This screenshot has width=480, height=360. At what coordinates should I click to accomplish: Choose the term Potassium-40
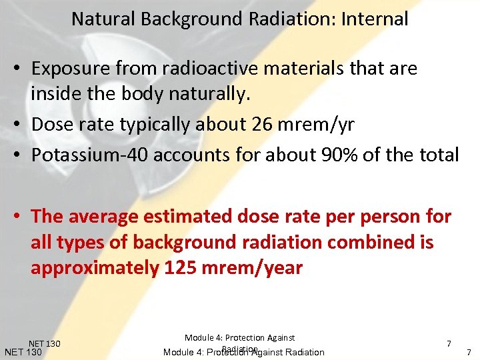tap(90, 155)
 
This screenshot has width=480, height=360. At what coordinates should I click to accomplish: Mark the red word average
tap(105, 217)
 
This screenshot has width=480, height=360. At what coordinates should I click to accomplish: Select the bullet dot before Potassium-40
tap(22, 155)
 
